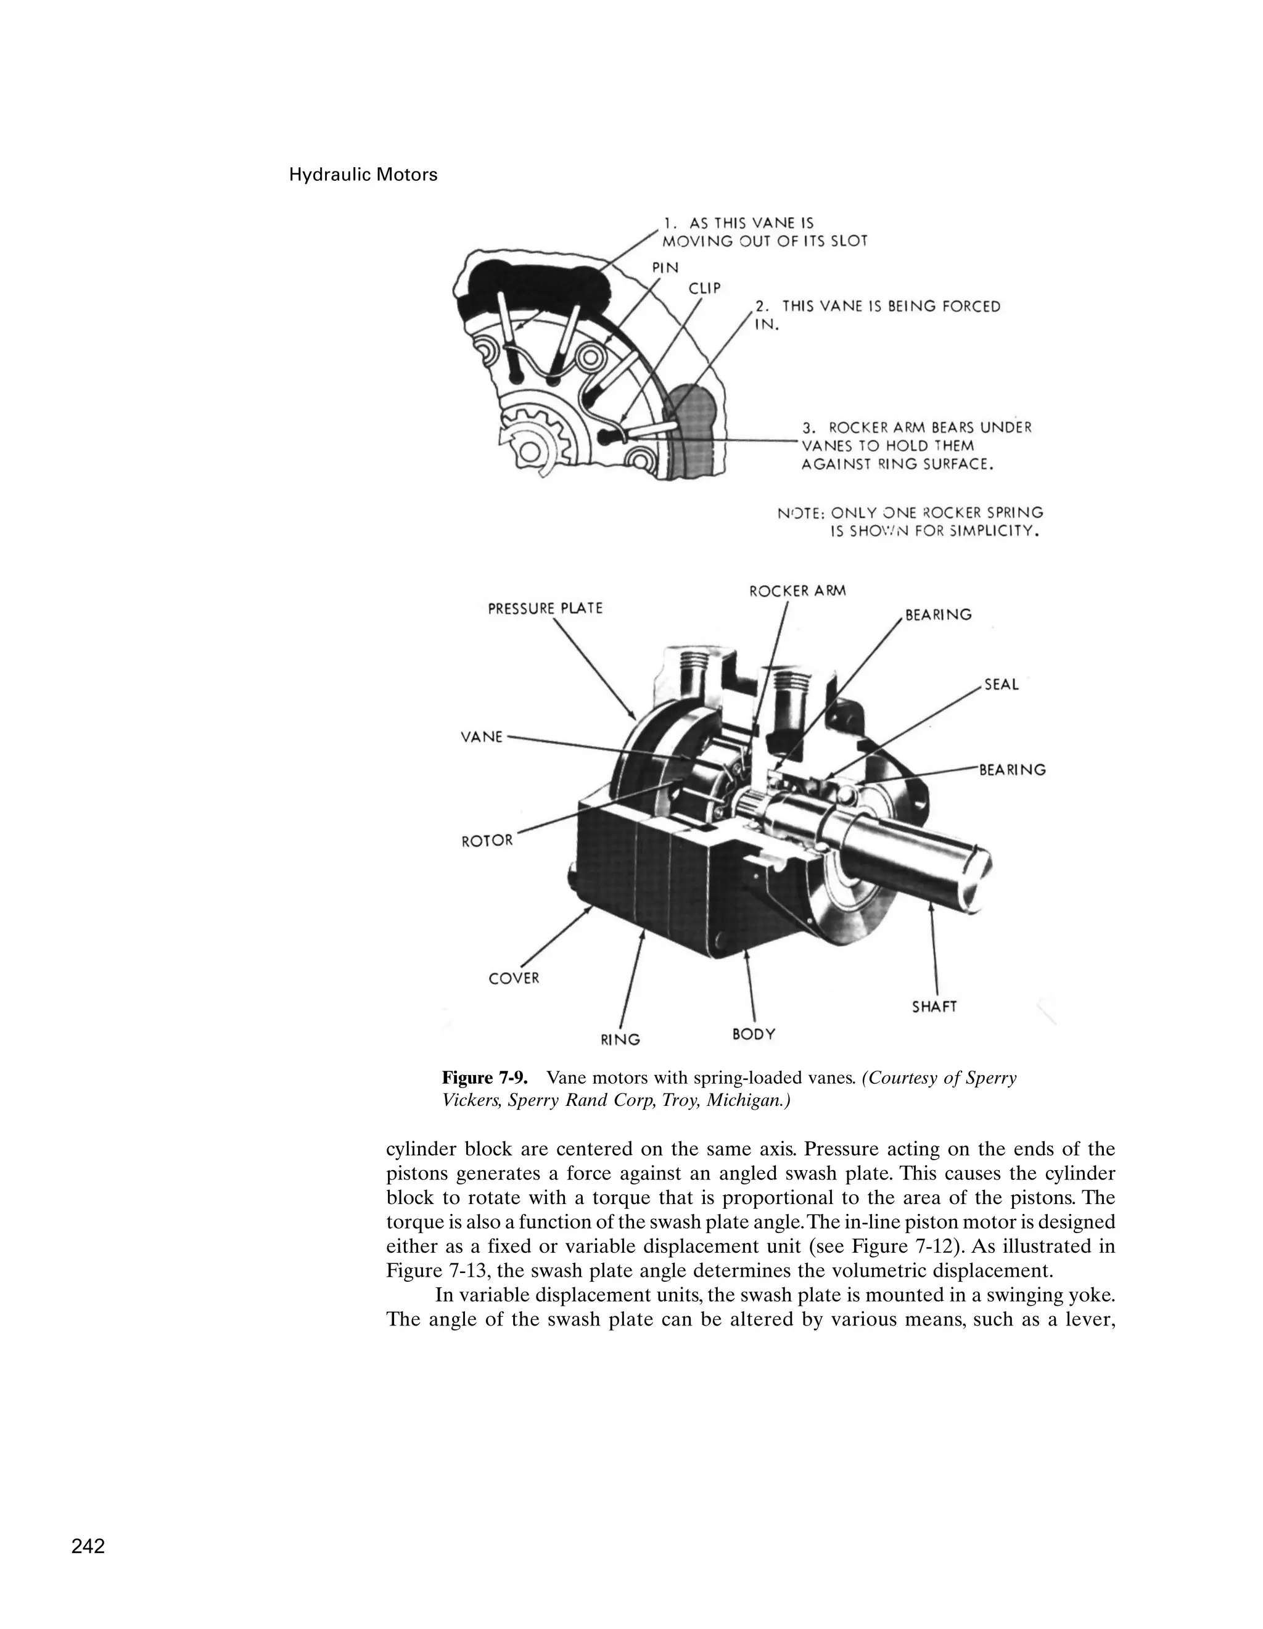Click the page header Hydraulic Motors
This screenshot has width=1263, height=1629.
(363, 175)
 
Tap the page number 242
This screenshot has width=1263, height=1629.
(88, 1546)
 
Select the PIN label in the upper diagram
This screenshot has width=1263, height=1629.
(665, 267)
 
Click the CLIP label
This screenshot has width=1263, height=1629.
(704, 288)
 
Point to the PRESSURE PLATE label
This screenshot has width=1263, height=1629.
(545, 609)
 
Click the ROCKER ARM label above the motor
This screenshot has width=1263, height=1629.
(797, 591)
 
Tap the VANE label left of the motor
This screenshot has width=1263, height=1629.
(482, 737)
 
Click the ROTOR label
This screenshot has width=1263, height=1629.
(487, 841)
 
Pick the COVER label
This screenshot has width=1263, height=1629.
(513, 978)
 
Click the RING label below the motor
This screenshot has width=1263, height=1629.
(620, 1039)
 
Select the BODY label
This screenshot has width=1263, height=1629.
(753, 1034)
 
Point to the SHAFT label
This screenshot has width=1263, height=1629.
(934, 1007)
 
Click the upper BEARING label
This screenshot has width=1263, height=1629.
(938, 616)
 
